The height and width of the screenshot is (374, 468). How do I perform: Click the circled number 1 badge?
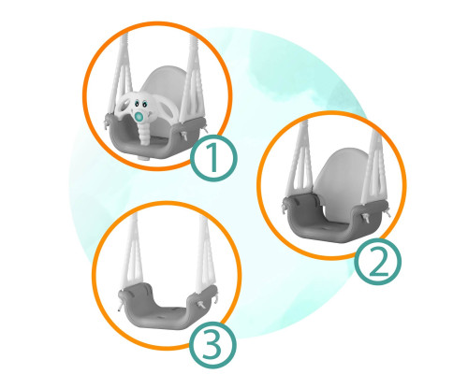[x=213, y=158]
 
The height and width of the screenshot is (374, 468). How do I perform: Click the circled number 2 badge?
[x=378, y=262]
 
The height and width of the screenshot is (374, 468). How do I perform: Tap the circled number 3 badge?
[x=212, y=345]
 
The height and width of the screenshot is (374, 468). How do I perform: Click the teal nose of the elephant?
[x=139, y=117]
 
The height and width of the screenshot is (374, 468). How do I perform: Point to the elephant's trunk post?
[x=144, y=134]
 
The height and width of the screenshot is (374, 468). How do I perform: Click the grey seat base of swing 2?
[x=335, y=218]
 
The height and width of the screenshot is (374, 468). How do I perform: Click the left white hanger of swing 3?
[x=133, y=252]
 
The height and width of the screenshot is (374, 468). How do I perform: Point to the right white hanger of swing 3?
[x=205, y=254]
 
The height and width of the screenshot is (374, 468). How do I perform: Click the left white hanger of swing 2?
[x=300, y=162]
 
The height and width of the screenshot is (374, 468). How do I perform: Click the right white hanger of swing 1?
[x=193, y=77]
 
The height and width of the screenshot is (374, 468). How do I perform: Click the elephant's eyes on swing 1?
[x=140, y=104]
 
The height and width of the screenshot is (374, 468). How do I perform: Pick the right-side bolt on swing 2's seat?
[x=366, y=218]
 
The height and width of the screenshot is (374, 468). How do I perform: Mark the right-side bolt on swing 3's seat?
[x=201, y=304]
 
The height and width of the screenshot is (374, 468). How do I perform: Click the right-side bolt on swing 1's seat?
[x=184, y=135]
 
